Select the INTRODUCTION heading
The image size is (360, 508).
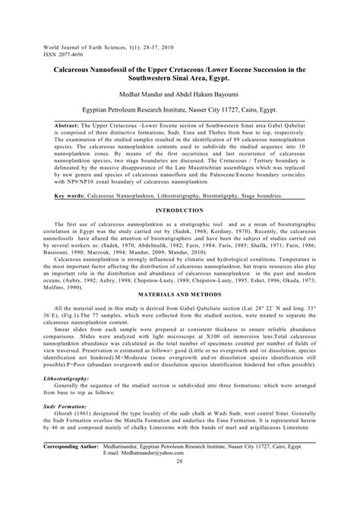pos(180,210)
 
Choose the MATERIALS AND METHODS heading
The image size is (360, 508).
pos(180,292)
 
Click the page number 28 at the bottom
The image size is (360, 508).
pos(180,482)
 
